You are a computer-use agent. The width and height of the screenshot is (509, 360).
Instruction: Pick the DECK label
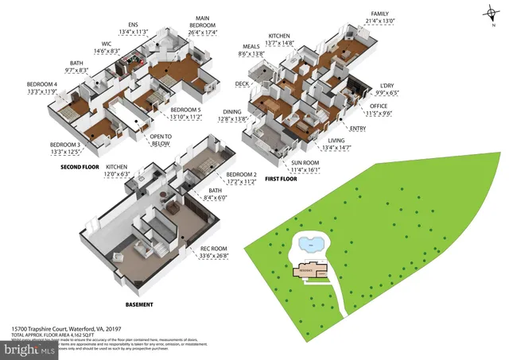[x=242, y=83]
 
